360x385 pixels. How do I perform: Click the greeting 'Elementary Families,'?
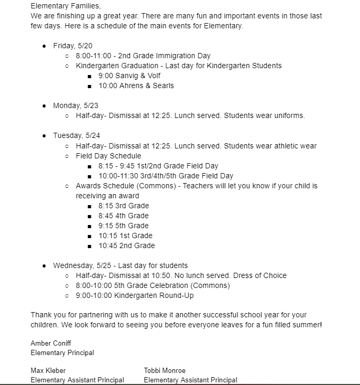pyautogui.click(x=66, y=6)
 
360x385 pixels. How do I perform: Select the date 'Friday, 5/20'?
pyautogui.click(x=73, y=46)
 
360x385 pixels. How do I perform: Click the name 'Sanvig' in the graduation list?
pyautogui.click(x=128, y=76)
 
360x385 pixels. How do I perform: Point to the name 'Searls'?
pyautogui.click(x=161, y=85)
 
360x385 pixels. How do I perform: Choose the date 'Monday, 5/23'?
pyautogui.click(x=75, y=105)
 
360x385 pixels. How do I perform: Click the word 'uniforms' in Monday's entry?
pyautogui.click(x=288, y=115)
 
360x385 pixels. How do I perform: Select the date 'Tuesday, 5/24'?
pyautogui.click(x=75, y=135)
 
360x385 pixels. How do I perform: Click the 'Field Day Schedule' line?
pyautogui.click(x=108, y=156)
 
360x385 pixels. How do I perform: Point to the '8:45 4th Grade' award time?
pyautogui.click(x=123, y=216)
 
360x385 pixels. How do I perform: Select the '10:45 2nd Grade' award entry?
pyautogui.click(x=126, y=245)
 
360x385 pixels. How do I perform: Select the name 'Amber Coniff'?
pyautogui.click(x=51, y=343)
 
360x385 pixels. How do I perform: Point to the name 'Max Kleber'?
pyautogui.click(x=48, y=371)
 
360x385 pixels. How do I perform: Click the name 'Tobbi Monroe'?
pyautogui.click(x=165, y=371)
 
